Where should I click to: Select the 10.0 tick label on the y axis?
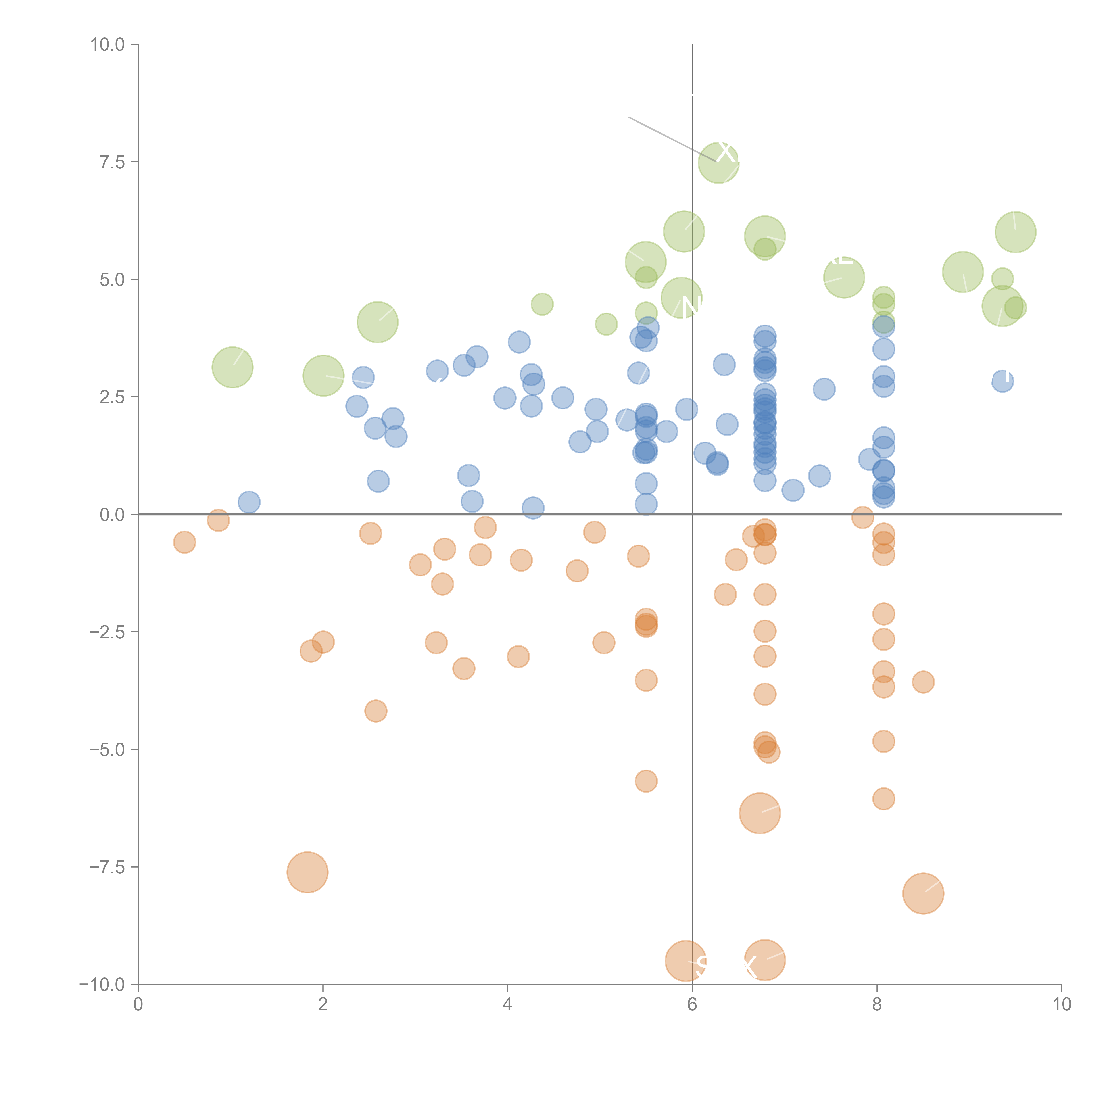108,45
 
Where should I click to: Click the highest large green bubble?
718,163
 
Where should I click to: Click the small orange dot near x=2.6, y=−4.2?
376,711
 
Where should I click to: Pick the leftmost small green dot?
542,304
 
